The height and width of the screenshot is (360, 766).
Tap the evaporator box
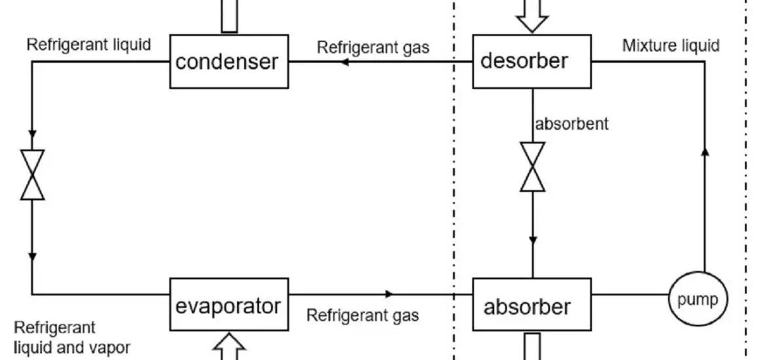pyautogui.click(x=228, y=305)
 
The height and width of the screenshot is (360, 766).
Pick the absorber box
pyautogui.click(x=532, y=306)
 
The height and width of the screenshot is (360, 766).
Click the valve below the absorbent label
pyautogui.click(x=532, y=167)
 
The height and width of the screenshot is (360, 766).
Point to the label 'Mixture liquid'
pyautogui.click(x=670, y=46)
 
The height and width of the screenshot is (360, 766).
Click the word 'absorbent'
pyautogui.click(x=572, y=123)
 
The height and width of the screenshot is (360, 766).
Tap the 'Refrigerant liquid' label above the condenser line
pyautogui.click(x=88, y=45)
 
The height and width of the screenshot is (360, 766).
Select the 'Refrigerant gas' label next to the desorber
pyautogui.click(x=373, y=47)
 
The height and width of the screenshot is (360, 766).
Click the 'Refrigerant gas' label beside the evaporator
pyautogui.click(x=363, y=315)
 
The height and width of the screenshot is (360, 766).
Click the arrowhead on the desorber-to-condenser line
pyautogui.click(x=344, y=62)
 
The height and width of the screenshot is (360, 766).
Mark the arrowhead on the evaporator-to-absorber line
pyautogui.click(x=390, y=294)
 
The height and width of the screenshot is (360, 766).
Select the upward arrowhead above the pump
pyautogui.click(x=705, y=152)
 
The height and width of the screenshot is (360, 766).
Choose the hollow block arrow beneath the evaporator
pyautogui.click(x=228, y=347)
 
